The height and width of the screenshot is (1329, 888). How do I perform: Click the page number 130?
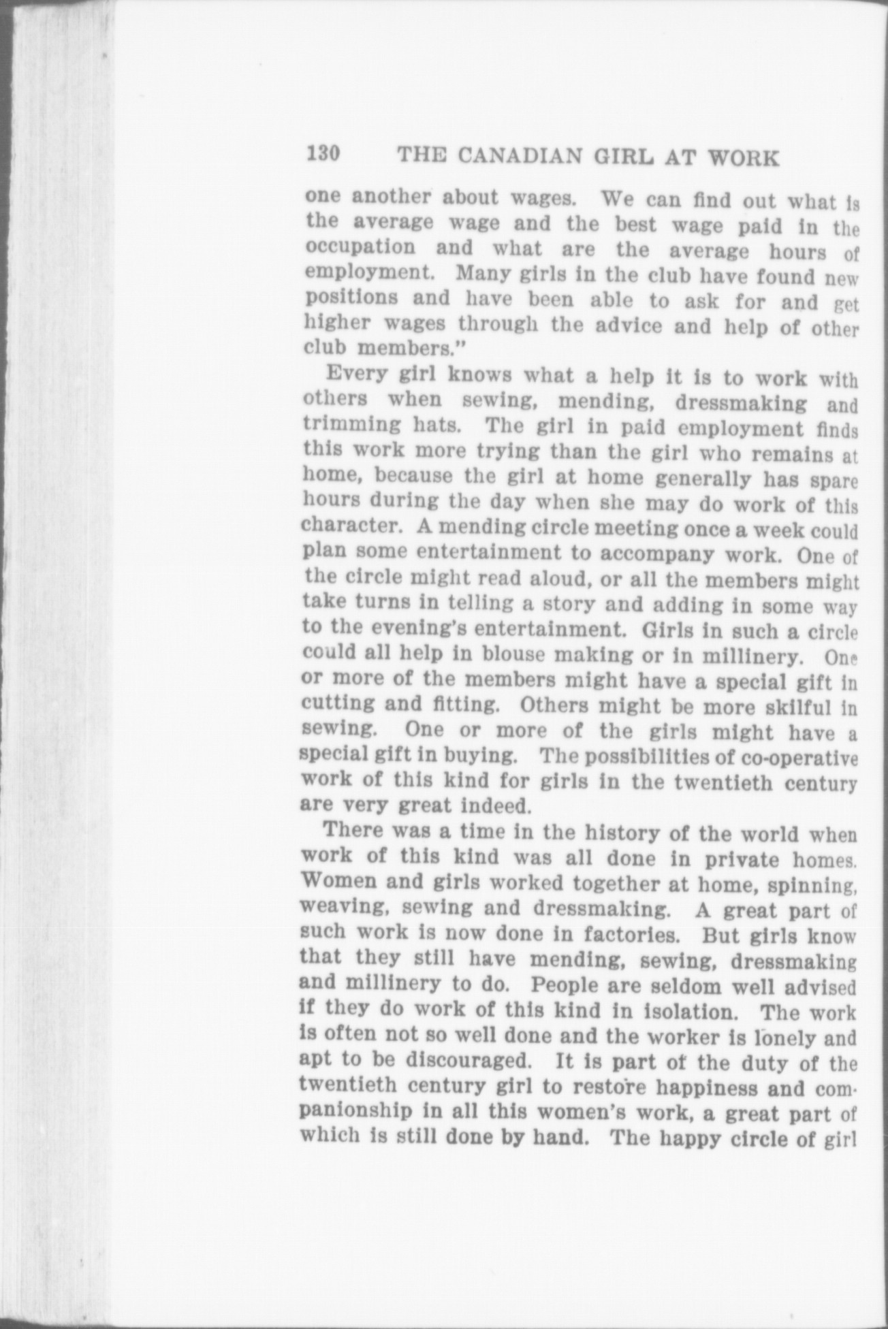[323, 154]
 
